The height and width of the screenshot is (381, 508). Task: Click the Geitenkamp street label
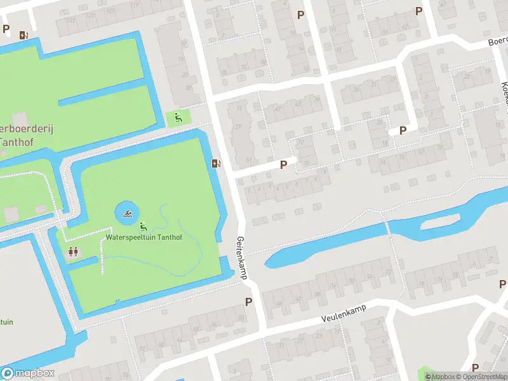tap(241, 258)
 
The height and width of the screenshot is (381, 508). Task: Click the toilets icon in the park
tap(73, 252)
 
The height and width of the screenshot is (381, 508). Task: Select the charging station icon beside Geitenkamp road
tap(217, 163)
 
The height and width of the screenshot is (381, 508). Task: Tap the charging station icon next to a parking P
tap(23, 36)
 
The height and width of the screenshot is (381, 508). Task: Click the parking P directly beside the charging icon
tap(6, 29)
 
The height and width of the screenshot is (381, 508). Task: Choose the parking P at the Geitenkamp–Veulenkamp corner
tap(248, 302)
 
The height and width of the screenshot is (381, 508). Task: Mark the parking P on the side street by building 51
tap(284, 164)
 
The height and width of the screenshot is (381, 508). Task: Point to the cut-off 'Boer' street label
tap(498, 40)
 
